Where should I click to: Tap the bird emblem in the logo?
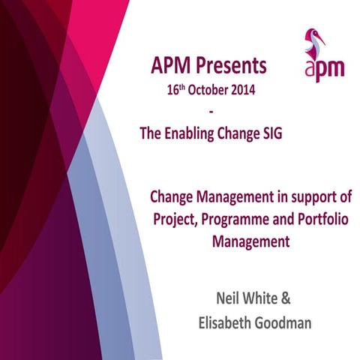[313, 45]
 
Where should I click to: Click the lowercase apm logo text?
[324, 69]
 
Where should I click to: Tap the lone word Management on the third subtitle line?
[253, 242]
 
